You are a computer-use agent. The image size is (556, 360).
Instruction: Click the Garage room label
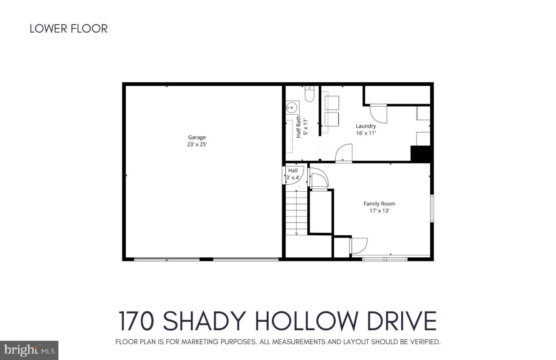point(197,137)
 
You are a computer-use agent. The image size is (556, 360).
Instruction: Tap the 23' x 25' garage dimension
point(197,144)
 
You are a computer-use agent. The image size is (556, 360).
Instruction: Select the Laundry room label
point(366,126)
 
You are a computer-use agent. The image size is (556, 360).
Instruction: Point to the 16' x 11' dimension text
point(366,133)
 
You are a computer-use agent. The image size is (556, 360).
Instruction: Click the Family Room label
point(379,204)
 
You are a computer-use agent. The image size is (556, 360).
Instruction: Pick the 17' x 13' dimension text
point(379,211)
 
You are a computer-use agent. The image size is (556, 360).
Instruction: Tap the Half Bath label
point(299,126)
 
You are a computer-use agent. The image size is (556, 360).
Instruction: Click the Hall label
point(293,171)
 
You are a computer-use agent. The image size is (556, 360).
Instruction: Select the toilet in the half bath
point(309,94)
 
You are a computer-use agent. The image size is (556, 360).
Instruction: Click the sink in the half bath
point(292,108)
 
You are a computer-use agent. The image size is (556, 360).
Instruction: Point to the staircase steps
point(296,213)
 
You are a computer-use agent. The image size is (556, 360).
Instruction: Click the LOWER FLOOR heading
point(68,28)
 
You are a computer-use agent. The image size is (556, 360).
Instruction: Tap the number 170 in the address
point(137,321)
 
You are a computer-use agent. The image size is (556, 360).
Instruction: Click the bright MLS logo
point(29,350)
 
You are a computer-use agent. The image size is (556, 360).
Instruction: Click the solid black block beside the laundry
point(420,154)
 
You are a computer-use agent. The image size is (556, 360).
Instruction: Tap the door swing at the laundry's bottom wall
point(344,153)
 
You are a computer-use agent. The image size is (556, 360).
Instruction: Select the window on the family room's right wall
point(432,208)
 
